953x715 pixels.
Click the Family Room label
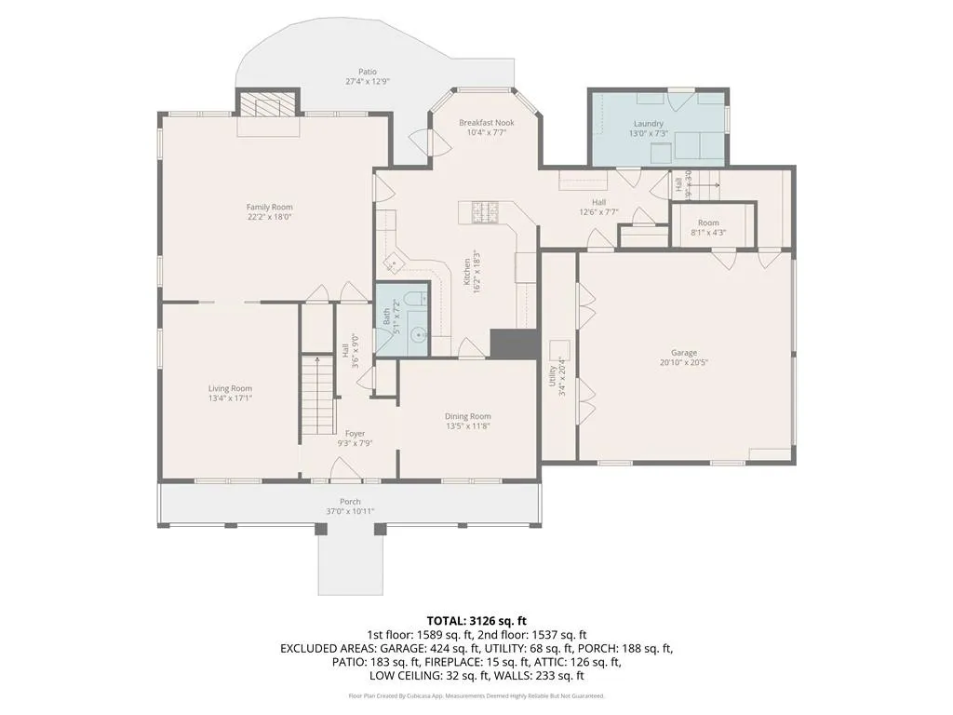269,207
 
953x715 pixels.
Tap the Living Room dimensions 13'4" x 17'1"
229,398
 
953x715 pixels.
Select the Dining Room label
467,416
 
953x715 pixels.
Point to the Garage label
684,353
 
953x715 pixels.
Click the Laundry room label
648,124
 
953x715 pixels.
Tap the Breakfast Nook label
486,122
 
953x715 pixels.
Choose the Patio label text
368,72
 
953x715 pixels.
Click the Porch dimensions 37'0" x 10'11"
350,512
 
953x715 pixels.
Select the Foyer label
355,433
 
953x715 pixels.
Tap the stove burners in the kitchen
486,212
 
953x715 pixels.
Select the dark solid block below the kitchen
515,344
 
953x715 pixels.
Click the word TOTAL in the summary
447,620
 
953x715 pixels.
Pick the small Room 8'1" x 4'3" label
708,223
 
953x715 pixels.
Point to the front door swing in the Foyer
345,473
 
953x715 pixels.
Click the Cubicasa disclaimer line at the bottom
476,695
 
